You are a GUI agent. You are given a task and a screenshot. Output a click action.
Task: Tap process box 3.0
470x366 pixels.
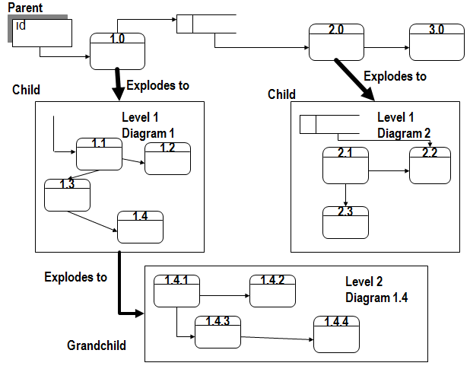point(436,43)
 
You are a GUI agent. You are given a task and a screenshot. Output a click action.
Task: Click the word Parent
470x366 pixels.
point(25,8)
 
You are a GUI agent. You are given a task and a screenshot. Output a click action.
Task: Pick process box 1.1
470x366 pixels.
point(99,154)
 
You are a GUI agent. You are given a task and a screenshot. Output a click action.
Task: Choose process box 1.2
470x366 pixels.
point(167,158)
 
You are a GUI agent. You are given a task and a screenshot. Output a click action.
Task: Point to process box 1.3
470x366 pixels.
point(67,195)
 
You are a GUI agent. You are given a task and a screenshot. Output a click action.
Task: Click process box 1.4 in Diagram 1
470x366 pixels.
point(140,227)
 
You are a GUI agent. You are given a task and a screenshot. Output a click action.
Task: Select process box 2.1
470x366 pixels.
point(345,166)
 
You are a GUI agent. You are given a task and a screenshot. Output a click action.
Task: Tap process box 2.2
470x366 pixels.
point(430,165)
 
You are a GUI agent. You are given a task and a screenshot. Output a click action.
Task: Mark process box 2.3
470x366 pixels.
point(345,221)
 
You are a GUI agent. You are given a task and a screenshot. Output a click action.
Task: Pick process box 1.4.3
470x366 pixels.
point(218,333)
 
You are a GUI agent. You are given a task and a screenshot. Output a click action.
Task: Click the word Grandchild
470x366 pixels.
point(97,345)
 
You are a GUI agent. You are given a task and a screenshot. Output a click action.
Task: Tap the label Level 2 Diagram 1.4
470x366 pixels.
point(376,290)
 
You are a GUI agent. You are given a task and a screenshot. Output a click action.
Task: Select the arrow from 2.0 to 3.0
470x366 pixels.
point(386,48)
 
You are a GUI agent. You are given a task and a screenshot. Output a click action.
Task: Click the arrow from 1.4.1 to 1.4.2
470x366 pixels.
point(224,295)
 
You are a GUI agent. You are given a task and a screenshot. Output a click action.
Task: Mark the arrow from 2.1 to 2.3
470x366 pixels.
point(346,195)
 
